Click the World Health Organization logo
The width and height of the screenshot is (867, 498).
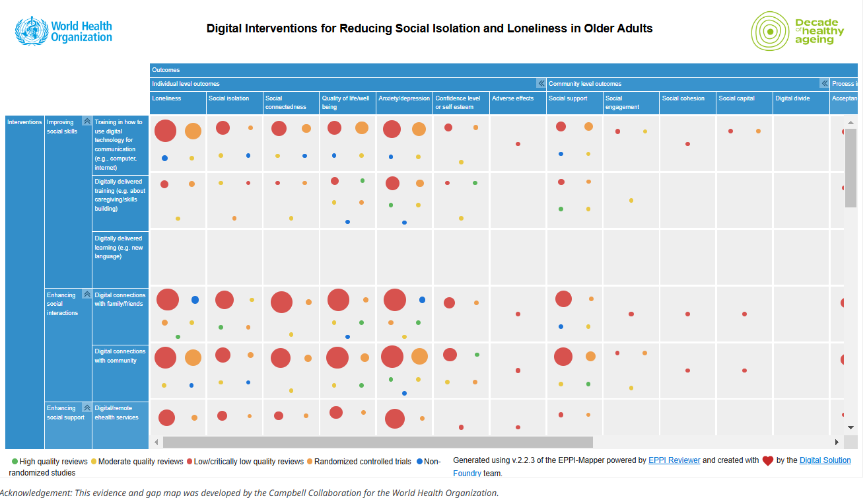pos(64,31)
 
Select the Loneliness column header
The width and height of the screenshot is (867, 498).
pos(166,98)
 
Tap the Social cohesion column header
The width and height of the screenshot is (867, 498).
pos(683,98)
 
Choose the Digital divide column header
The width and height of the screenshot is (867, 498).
pos(792,98)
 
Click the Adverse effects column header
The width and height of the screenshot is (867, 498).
pos(512,98)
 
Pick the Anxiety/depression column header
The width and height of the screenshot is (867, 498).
pos(403,98)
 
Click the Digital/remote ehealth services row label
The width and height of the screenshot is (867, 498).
pos(116,413)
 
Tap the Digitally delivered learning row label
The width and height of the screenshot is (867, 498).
pos(118,247)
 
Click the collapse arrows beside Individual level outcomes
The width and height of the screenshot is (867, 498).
pos(541,84)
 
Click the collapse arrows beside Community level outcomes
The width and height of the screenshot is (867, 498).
pos(824,84)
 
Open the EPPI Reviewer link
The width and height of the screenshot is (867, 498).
pos(674,460)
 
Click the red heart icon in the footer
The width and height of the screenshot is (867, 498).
pos(767,461)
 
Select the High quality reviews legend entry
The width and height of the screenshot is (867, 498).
pos(50,462)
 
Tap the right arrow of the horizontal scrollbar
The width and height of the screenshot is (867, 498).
pos(837,442)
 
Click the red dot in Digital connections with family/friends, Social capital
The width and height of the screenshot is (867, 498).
pos(744,314)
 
